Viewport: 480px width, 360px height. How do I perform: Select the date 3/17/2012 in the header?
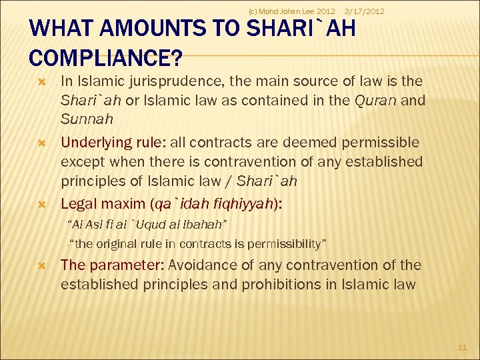363,11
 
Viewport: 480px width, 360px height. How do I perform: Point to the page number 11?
463,347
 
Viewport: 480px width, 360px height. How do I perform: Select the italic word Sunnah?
87,119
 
